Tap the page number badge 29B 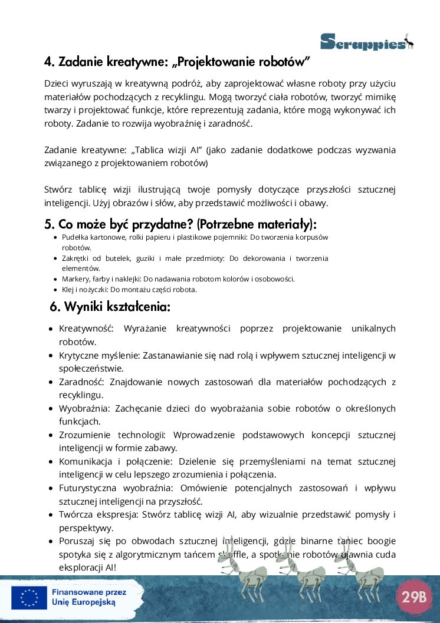point(413,596)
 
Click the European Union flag point(29,598)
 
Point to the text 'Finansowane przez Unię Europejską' point(84,598)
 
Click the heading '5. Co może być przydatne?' point(180,224)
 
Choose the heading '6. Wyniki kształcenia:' point(110,307)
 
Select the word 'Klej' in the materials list point(67,289)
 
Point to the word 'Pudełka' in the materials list point(74,237)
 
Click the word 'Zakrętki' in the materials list point(75,258)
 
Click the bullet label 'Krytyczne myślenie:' point(97,355)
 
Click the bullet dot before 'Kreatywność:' point(52,329)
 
